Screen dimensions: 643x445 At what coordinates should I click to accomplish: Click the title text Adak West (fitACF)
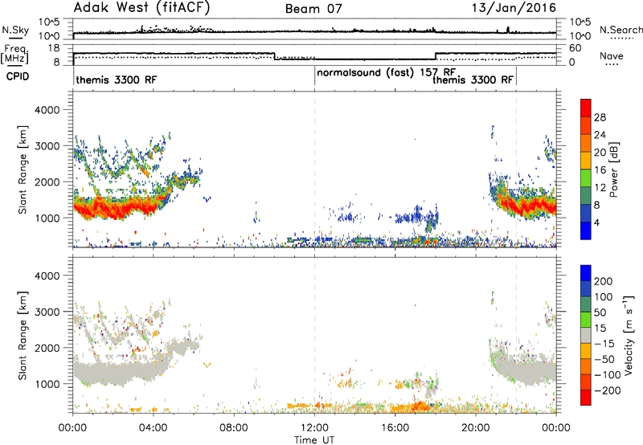(141, 8)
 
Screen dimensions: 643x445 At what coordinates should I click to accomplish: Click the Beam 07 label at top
(313, 9)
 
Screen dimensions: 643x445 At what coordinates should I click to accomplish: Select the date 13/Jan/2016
(514, 8)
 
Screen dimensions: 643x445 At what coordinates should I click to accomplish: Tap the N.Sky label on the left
(15, 30)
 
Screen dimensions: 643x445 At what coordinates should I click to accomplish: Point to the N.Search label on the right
(620, 30)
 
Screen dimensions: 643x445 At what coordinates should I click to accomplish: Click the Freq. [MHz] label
(14, 55)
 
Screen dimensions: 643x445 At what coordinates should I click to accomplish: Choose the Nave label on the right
(612, 56)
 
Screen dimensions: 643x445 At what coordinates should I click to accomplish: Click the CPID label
(18, 76)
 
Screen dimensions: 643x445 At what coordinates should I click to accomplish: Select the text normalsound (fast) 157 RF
(386, 73)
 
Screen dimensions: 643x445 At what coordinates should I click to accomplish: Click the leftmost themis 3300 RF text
(117, 80)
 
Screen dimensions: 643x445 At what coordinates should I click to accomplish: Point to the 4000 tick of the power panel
(47, 110)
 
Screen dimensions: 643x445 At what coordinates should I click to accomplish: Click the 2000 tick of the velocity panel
(47, 348)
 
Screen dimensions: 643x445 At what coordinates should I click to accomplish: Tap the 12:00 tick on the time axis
(314, 427)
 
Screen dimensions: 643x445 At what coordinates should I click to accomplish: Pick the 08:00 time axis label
(234, 427)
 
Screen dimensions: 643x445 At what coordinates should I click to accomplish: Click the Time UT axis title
(314, 440)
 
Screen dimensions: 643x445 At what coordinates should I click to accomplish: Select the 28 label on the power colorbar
(600, 117)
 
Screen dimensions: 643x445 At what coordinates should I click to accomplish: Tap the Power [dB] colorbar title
(614, 169)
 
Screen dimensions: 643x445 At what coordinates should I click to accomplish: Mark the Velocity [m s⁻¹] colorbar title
(629, 334)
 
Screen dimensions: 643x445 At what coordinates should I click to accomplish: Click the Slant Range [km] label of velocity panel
(23, 336)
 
